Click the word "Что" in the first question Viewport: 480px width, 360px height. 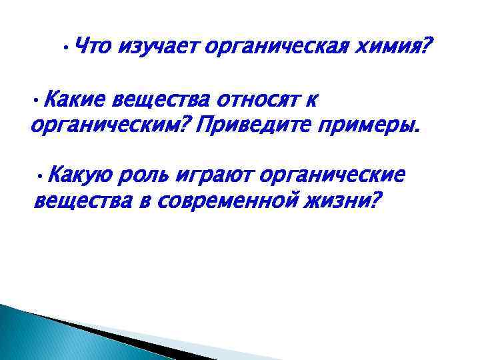click(95, 47)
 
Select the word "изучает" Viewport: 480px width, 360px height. click(159, 47)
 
